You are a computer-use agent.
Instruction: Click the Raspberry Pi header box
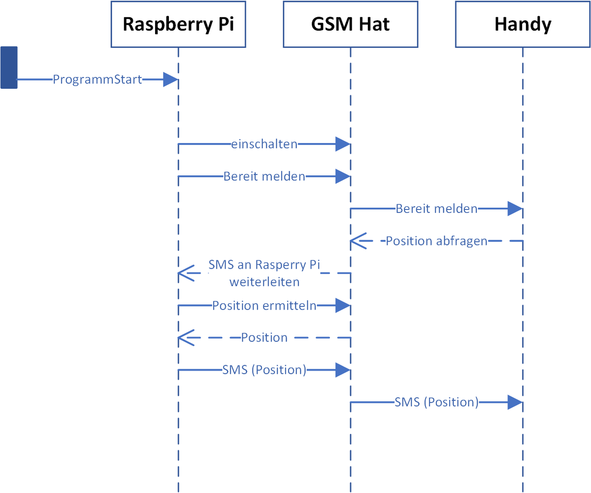pos(178,24)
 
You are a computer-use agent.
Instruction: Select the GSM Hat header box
pos(350,24)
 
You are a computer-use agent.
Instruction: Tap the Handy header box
pos(523,24)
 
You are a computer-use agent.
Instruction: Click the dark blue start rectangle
pos(9,68)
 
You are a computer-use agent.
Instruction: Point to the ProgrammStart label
pos(98,79)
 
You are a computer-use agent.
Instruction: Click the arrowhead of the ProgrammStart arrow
pos(170,79)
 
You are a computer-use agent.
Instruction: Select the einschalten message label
pos(264,144)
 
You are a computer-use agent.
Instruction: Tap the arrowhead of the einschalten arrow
pos(343,144)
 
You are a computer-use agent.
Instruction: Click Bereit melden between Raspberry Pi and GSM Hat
pos(264,176)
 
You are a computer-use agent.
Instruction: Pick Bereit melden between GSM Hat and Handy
pos(436,209)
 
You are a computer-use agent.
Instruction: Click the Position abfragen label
pos(436,241)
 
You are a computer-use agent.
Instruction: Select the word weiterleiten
pos(264,282)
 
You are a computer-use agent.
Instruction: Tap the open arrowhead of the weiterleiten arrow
pos(186,273)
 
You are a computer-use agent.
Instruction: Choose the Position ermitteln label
pos(264,306)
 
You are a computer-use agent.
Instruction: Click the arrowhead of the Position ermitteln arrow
pos(343,306)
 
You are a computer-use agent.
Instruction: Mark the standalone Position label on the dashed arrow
pos(264,338)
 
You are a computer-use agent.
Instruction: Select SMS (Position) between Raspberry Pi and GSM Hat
pos(264,370)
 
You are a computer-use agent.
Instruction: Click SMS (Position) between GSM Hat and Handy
pos(436,402)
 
